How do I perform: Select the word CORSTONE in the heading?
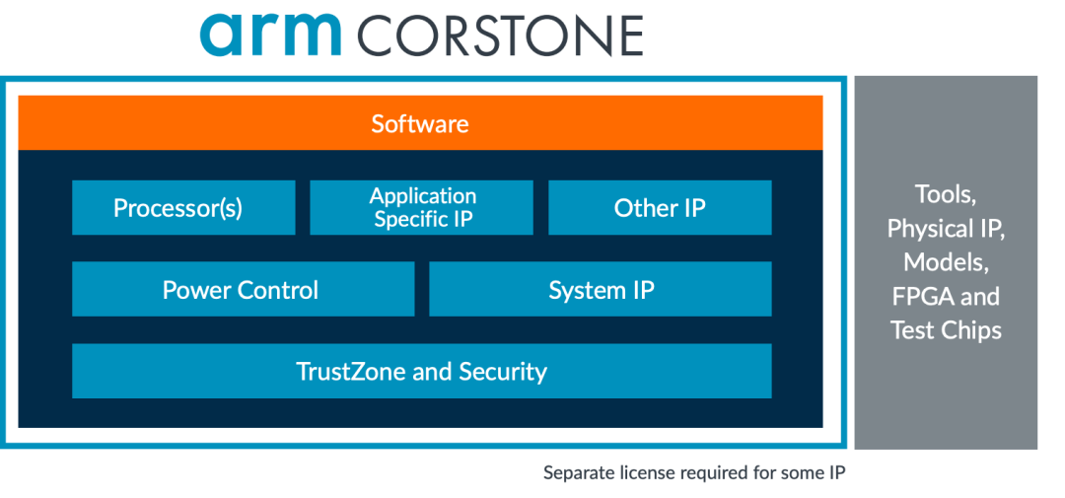(500, 36)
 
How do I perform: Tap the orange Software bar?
(420, 123)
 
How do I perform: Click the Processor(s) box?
(183, 208)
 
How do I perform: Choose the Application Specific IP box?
(422, 207)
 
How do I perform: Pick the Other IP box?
(660, 208)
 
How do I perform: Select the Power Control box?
(243, 290)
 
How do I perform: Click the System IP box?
(601, 290)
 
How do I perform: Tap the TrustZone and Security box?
(421, 372)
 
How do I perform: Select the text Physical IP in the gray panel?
(946, 229)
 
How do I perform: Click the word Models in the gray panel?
(945, 262)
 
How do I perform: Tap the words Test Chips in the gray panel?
(946, 330)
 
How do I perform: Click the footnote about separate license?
(694, 473)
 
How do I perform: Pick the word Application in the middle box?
(422, 196)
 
